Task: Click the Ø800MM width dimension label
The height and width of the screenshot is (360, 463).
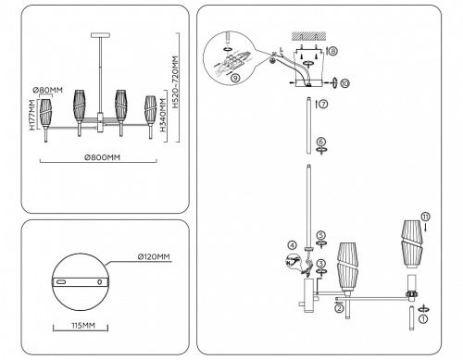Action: [101, 158]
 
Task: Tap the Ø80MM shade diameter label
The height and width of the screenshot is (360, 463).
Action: [46, 89]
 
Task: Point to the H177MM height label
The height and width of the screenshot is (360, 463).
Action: [32, 115]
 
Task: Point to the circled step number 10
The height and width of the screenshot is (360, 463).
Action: [344, 85]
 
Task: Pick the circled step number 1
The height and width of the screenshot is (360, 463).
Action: [423, 318]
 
